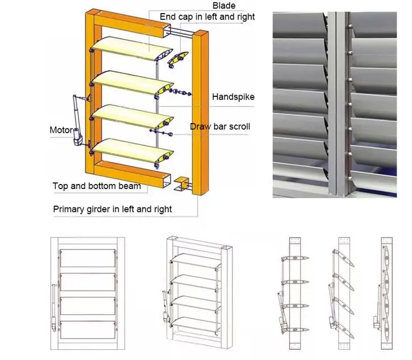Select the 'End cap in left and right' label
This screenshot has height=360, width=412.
pyautogui.click(x=208, y=17)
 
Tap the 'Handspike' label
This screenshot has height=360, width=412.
pyautogui.click(x=233, y=97)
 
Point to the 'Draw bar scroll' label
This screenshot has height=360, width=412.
pyautogui.click(x=220, y=126)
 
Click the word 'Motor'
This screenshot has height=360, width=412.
pyautogui.click(x=61, y=130)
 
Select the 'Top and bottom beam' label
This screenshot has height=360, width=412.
pyautogui.click(x=97, y=186)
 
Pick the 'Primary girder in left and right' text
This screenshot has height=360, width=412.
pyautogui.click(x=112, y=209)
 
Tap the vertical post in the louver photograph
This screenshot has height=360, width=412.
pyautogui.click(x=340, y=103)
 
